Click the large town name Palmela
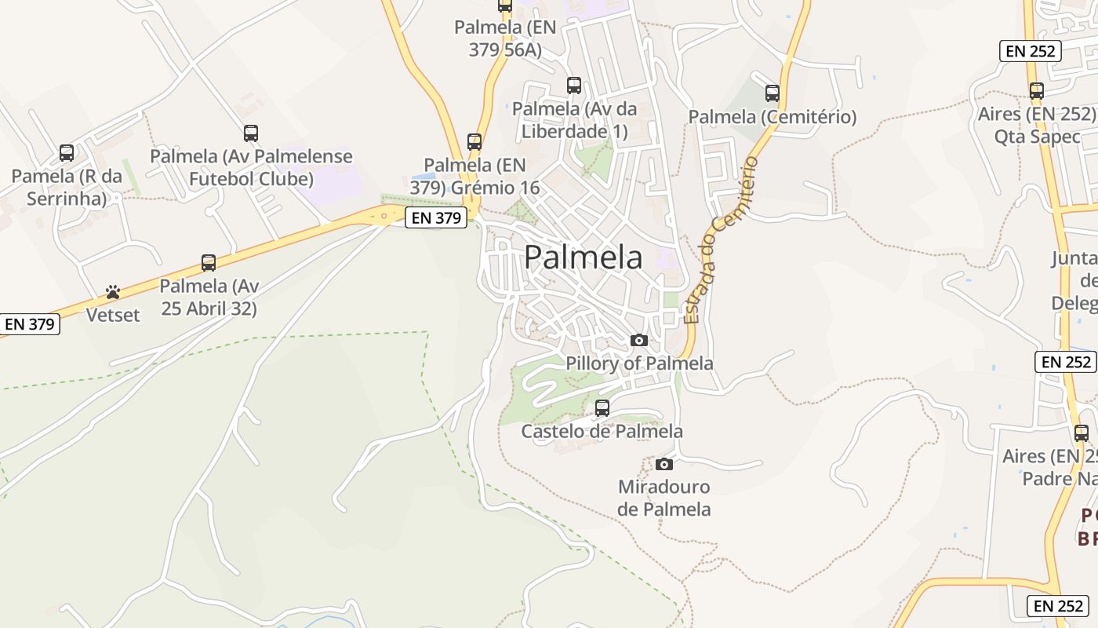[x=583, y=257]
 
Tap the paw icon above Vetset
[x=113, y=293]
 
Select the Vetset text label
[x=113, y=316]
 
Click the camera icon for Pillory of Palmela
[x=639, y=340]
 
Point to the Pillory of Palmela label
[x=639, y=363]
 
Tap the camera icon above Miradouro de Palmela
[x=664, y=464]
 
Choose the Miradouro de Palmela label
[x=664, y=498]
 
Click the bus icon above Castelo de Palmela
[x=602, y=408]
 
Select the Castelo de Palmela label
[x=602, y=431]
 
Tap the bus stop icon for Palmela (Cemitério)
[x=773, y=93]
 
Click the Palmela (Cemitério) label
[x=773, y=117]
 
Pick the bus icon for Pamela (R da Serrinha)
[x=67, y=152]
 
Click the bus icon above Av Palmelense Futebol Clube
[x=251, y=133]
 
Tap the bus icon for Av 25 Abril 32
[x=209, y=263]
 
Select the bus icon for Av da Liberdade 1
[x=574, y=86]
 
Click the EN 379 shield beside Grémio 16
[x=436, y=218]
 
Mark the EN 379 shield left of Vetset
[x=30, y=323]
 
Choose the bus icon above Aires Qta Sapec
[x=1037, y=91]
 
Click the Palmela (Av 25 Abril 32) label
[x=209, y=298]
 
